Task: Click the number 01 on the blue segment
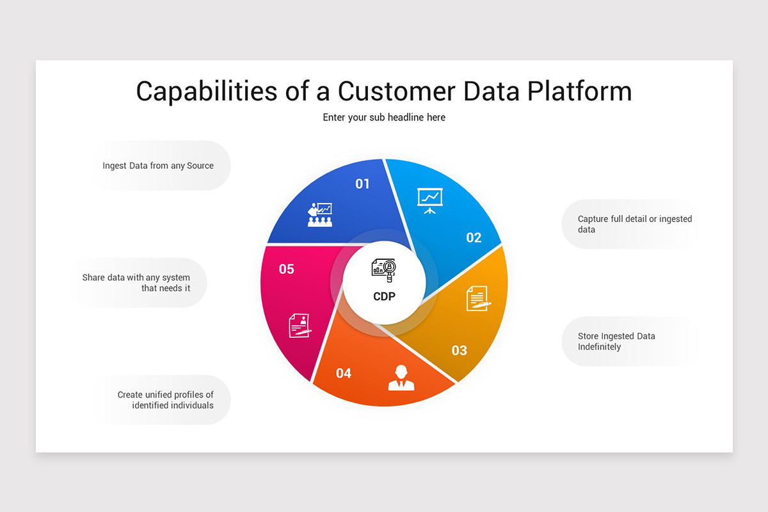tap(362, 184)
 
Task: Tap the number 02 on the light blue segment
tap(474, 238)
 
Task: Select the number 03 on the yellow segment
tap(460, 350)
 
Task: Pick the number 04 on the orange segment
tap(344, 373)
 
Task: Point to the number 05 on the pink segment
tap(287, 269)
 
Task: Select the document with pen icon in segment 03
tap(477, 298)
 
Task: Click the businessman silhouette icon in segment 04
tap(401, 378)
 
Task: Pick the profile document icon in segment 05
tap(299, 325)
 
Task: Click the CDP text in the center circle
tap(384, 296)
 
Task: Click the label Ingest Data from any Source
tap(158, 166)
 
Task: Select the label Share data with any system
tap(136, 283)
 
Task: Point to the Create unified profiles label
tap(165, 400)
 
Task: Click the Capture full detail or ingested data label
tap(634, 224)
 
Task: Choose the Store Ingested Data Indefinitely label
tap(616, 341)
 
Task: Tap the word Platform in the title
tap(580, 91)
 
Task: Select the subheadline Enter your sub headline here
tap(384, 117)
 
